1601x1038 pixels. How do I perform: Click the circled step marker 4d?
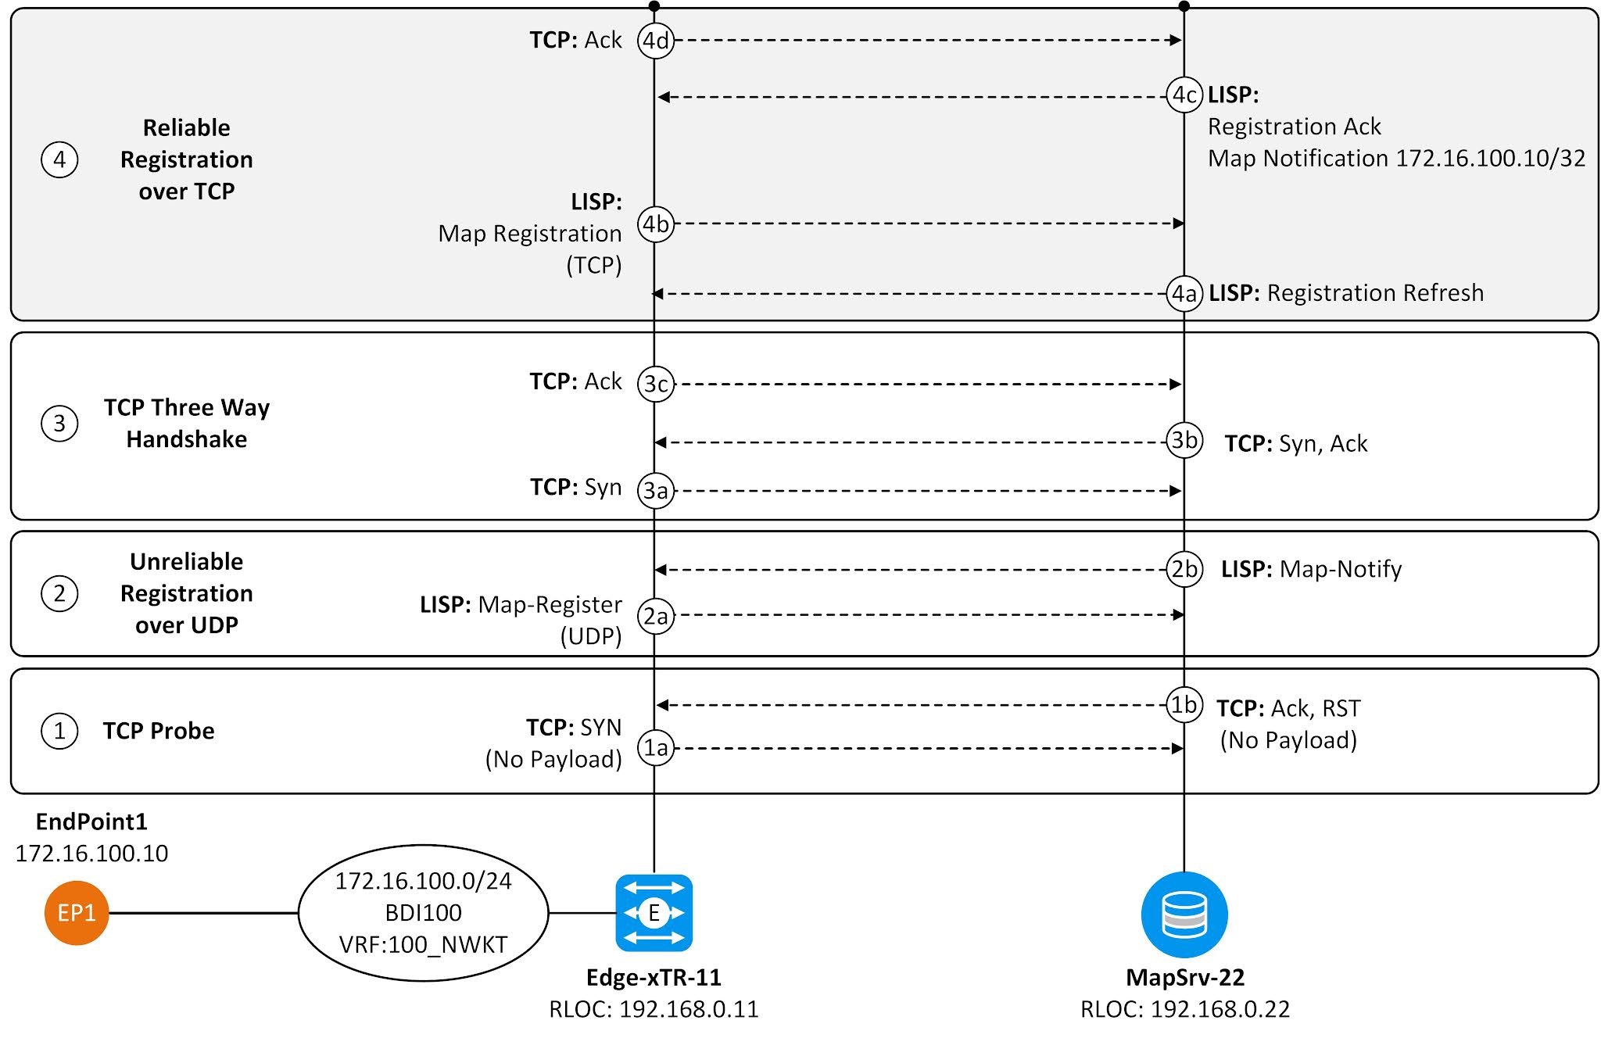click(x=655, y=40)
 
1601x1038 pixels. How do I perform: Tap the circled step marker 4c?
click(x=1184, y=95)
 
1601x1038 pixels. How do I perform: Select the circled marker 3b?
click(x=1184, y=440)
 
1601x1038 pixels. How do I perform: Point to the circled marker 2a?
click(x=655, y=617)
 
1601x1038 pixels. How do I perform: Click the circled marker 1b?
click(x=1184, y=705)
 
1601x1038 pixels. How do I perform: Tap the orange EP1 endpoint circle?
click(x=76, y=913)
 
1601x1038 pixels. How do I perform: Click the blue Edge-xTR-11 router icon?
click(x=654, y=913)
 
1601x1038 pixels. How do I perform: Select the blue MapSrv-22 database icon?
click(x=1184, y=915)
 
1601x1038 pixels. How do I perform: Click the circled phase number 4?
click(x=59, y=160)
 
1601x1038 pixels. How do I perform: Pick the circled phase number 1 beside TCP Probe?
click(x=59, y=732)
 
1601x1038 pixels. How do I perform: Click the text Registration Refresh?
click(x=1374, y=293)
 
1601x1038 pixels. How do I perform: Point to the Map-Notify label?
click(x=1340, y=569)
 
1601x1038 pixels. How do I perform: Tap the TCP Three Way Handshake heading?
click(x=187, y=423)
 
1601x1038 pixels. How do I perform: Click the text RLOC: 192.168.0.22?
click(x=1184, y=1009)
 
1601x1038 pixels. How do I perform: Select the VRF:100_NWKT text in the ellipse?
click(x=423, y=945)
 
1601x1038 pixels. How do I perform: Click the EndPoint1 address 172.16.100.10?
click(x=91, y=854)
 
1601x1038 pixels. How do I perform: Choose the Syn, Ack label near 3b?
click(x=1323, y=444)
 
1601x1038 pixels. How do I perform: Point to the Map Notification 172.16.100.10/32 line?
click(x=1395, y=159)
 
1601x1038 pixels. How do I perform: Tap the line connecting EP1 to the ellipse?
click(x=203, y=913)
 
